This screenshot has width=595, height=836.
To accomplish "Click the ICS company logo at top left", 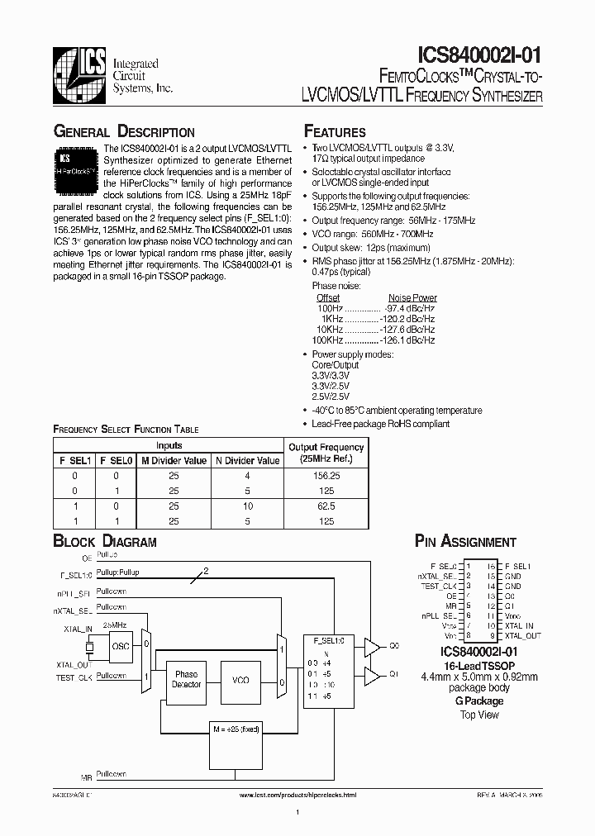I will pos(77,77).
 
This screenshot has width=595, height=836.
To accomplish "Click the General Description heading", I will pos(124,132).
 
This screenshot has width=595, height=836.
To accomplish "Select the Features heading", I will pos(335,132).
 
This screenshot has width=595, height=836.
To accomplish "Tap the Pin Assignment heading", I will pos(465,542).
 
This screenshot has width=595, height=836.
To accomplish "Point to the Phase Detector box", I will pos(186,680).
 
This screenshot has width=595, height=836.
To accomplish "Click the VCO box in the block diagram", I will pos(240,680).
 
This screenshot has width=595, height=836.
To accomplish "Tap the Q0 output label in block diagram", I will pos(394,645).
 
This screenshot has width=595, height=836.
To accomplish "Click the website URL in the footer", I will pos(297,795).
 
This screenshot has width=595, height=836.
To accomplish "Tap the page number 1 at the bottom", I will pos(297,813).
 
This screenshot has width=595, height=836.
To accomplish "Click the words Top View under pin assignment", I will pos(479,715).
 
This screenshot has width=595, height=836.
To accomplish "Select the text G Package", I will pos(479,701).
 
